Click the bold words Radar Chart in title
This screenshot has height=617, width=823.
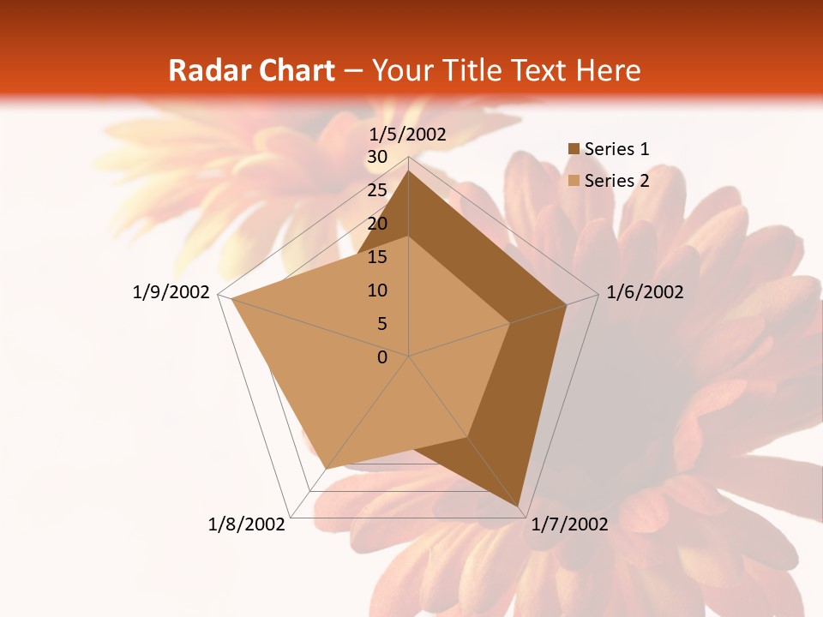pyautogui.click(x=250, y=70)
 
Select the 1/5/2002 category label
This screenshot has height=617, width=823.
pyautogui.click(x=408, y=134)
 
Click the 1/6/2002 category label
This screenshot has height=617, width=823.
pyautogui.click(x=645, y=292)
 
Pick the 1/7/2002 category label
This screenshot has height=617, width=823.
pyautogui.click(x=569, y=524)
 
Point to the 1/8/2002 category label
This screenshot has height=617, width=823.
pyautogui.click(x=247, y=524)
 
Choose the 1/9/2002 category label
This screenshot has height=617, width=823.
pyautogui.click(x=171, y=292)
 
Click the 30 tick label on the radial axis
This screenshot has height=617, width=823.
pyautogui.click(x=377, y=157)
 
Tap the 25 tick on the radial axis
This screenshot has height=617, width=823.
pyautogui.click(x=377, y=190)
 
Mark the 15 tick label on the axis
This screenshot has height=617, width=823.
pyautogui.click(x=377, y=257)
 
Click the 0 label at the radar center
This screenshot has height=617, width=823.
pyautogui.click(x=382, y=357)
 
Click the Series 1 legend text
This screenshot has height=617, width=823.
pyautogui.click(x=616, y=149)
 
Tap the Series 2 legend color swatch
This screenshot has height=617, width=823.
pyautogui.click(x=574, y=180)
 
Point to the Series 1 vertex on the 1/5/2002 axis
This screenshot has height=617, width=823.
pyautogui.click(x=409, y=171)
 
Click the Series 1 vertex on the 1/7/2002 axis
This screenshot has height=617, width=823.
pyautogui.click(x=520, y=508)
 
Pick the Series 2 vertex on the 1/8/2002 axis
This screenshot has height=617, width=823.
pyautogui.click(x=327, y=469)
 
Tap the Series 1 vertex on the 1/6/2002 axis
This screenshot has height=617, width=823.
pyautogui.click(x=567, y=305)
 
